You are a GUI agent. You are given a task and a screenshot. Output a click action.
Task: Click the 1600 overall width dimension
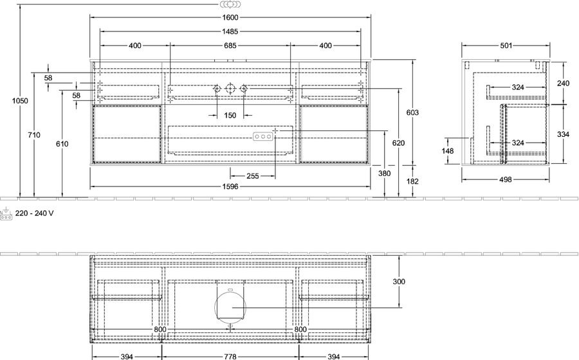click(230, 17)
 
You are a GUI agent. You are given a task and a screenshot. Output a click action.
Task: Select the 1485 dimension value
click(230, 32)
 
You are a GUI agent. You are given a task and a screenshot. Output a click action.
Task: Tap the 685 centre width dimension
click(230, 46)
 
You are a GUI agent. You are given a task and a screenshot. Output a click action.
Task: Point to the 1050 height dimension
click(20, 101)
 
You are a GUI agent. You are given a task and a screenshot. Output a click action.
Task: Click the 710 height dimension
click(34, 135)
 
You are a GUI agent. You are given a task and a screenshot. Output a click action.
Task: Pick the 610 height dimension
click(62, 144)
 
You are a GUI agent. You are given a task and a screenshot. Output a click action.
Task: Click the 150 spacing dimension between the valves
click(230, 116)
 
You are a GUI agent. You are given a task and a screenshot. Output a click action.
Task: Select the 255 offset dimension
click(253, 176)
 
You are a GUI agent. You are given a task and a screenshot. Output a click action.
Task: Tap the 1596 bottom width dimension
click(230, 186)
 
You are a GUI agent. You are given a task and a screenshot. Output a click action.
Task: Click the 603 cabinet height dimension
click(412, 113)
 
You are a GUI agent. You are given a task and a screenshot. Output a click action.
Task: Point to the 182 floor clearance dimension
click(412, 181)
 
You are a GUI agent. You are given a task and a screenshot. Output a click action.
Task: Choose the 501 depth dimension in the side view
click(506, 46)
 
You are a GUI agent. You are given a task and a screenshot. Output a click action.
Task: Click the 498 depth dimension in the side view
click(506, 179)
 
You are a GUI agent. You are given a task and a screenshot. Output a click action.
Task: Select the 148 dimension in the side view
click(448, 151)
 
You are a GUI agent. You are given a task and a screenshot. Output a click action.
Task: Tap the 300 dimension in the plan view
click(399, 282)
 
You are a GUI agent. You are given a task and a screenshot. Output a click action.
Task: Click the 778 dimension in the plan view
click(230, 357)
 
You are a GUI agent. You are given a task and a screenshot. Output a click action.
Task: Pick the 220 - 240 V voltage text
click(34, 213)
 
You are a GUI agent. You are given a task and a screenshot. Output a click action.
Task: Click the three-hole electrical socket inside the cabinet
click(263, 137)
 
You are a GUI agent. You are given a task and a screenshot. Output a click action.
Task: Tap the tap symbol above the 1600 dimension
click(230, 4)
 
